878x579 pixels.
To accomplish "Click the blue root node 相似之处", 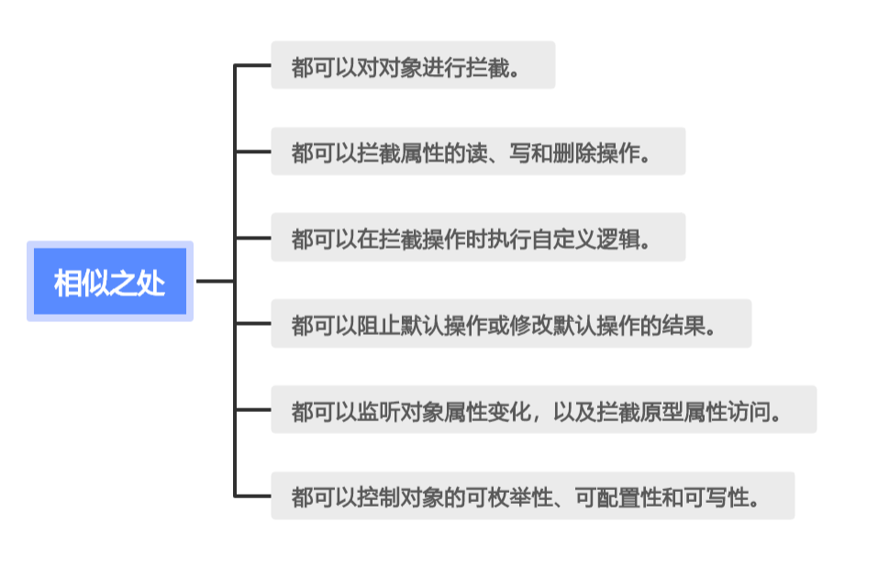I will tap(110, 282).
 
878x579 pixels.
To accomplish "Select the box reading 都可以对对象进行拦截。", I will tap(413, 65).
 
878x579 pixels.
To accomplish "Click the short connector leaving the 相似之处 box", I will tap(215, 282).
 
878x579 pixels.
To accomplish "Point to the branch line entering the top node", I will tap(252, 65).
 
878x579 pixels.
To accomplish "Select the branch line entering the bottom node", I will tap(252, 496).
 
